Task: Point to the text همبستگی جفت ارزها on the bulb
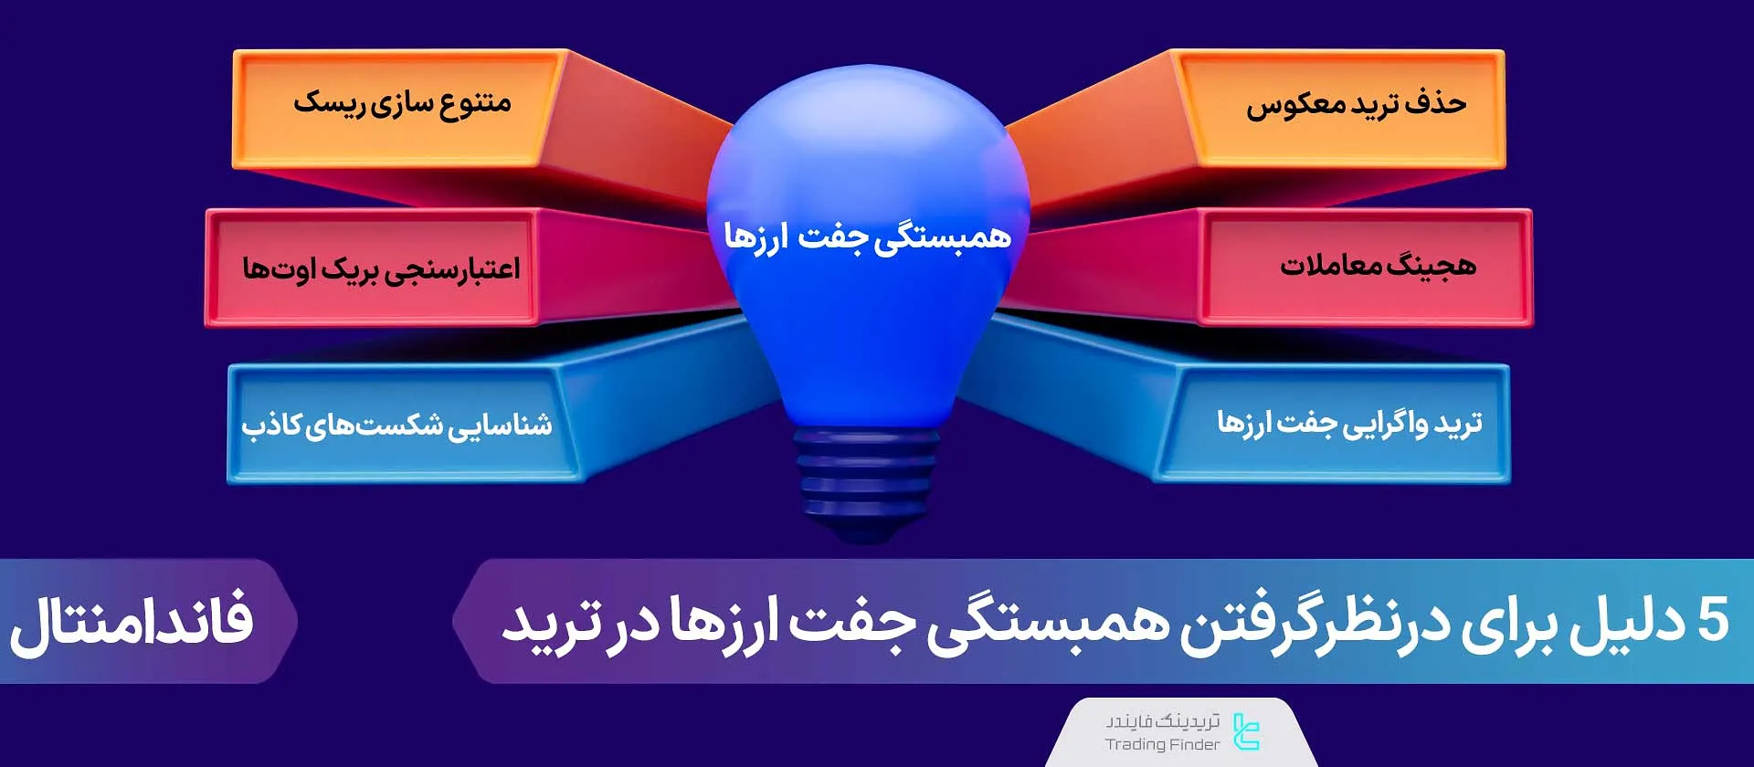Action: tap(867, 236)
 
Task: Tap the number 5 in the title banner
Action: tap(1712, 621)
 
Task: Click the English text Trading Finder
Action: tap(1162, 744)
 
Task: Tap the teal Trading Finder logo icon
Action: tap(1246, 731)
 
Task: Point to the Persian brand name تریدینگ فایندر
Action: tap(1163, 721)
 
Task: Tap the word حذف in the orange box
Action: tap(1435, 102)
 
